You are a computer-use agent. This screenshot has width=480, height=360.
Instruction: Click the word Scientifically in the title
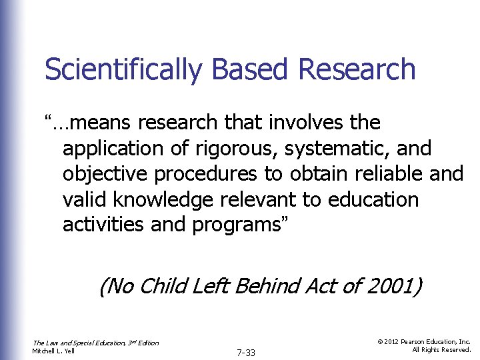click(121, 69)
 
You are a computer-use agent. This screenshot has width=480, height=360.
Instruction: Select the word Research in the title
click(359, 69)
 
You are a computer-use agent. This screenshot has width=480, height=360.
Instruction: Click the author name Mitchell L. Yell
click(54, 351)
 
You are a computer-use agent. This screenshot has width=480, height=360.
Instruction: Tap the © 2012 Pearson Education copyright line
click(424, 341)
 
